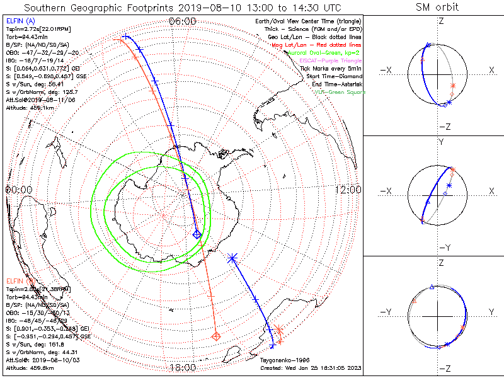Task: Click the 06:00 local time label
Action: pos(183,21)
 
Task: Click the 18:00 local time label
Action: pos(183,368)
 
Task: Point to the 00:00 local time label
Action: pos(18,190)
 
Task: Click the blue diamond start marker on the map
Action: pos(197,234)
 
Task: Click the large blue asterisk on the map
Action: pos(232,258)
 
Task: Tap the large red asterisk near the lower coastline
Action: pos(278,329)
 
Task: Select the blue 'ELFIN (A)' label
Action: pos(20,22)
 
